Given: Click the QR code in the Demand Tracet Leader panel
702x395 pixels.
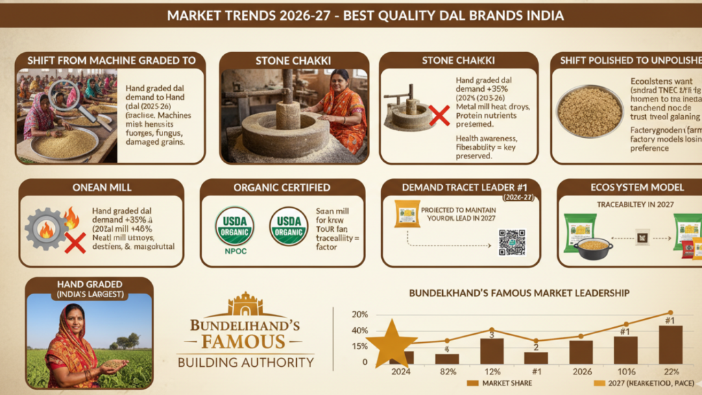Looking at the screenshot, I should pos(511,242).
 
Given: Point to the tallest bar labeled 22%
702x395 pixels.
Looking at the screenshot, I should pos(670,344).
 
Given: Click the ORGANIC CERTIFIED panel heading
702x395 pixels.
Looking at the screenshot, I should pos(282,187).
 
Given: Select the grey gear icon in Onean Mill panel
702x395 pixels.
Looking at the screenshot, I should pos(46,228).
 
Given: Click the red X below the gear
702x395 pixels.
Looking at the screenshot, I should pos(75,242).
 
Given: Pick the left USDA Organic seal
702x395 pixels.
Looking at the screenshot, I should pos(234,226).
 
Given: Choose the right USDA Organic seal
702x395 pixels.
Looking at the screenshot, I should pos(288,226).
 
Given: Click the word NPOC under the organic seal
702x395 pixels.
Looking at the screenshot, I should pos(234,252).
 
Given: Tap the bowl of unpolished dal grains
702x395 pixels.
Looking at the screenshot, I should pos(589,112).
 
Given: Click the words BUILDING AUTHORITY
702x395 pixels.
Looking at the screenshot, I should pos(245,362).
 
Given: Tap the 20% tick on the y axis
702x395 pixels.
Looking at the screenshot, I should pos(360,314).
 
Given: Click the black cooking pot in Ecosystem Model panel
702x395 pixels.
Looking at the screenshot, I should pos(593,247).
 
